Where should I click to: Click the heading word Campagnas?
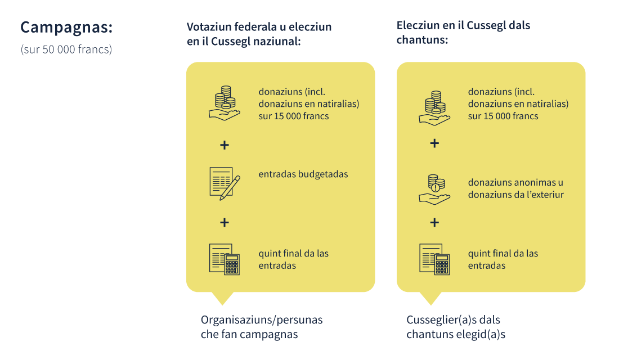[x=66, y=28]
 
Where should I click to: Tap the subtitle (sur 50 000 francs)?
[x=66, y=49]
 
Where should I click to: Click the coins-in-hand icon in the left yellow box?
[x=224, y=103]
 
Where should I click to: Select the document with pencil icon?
[x=225, y=183]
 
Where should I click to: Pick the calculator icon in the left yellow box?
[x=224, y=259]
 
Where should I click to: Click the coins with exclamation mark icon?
[x=434, y=190]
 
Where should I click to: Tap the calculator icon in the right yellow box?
[x=434, y=259]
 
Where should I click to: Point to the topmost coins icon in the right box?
[x=434, y=108]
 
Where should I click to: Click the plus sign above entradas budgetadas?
[x=224, y=145]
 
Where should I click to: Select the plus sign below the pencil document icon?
[x=224, y=223]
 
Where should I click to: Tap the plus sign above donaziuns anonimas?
[x=434, y=143]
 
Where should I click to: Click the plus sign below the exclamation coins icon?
[x=434, y=223]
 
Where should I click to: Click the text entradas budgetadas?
[x=303, y=174]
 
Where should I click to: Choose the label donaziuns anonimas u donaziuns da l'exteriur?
[x=516, y=188]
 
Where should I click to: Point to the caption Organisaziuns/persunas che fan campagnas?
[x=262, y=327]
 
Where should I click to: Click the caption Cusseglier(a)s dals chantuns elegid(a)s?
[x=456, y=327]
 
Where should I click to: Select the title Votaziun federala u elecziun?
[x=259, y=27]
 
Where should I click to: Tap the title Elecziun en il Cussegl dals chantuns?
[x=464, y=33]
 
